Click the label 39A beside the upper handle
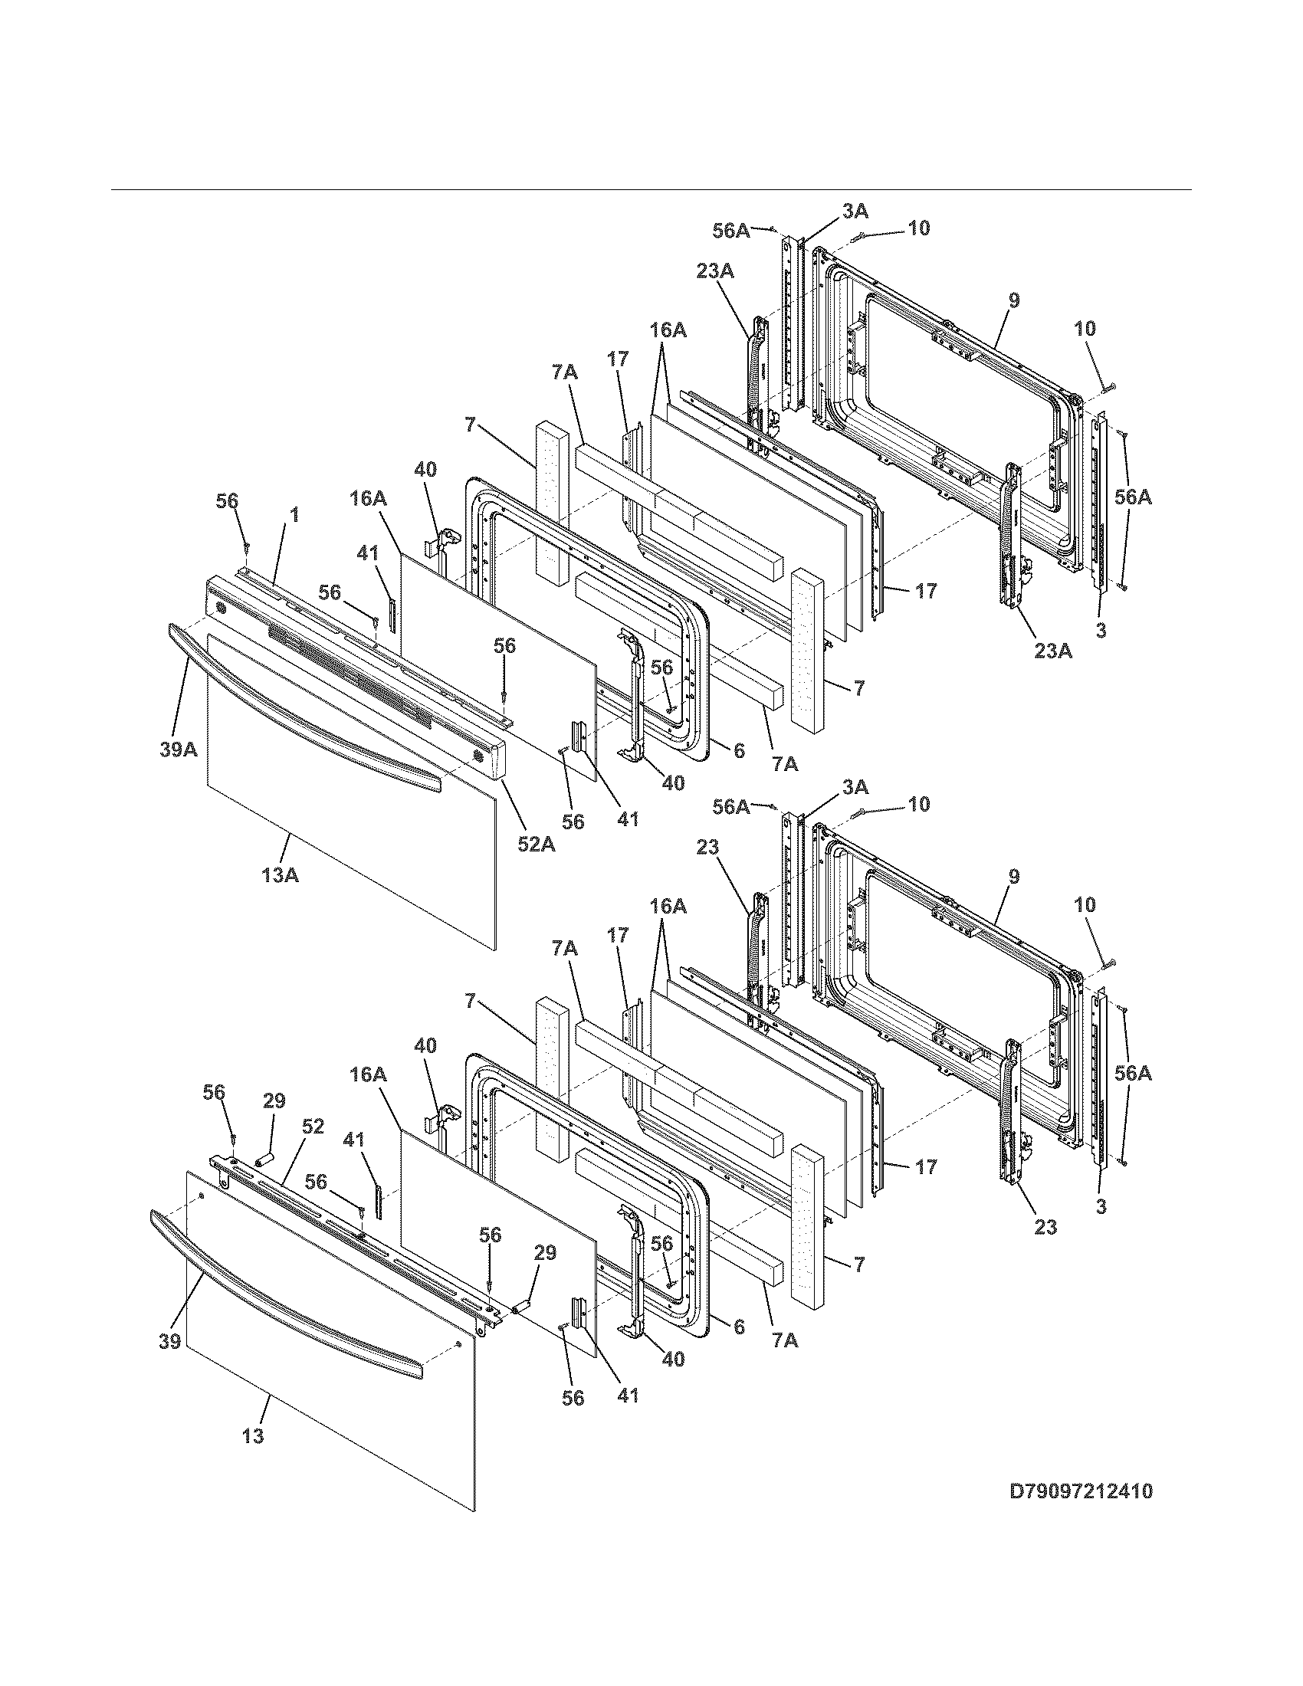179,749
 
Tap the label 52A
536,844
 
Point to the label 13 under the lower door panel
252,1436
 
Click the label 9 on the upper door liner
1013,301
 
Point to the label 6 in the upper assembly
739,750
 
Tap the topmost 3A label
855,211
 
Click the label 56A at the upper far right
1132,498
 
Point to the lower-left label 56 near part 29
214,1091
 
